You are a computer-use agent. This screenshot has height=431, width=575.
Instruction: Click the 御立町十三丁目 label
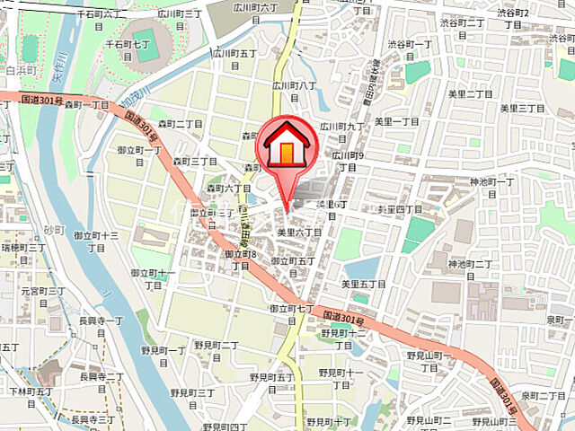(96, 242)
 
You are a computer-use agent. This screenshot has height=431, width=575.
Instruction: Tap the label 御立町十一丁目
(153, 278)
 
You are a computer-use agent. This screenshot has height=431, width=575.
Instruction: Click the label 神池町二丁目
(472, 269)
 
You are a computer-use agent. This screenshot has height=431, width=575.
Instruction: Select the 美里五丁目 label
(363, 284)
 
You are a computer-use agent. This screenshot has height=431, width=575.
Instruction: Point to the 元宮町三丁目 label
(43, 297)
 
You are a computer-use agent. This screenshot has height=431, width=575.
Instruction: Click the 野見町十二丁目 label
(342, 339)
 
